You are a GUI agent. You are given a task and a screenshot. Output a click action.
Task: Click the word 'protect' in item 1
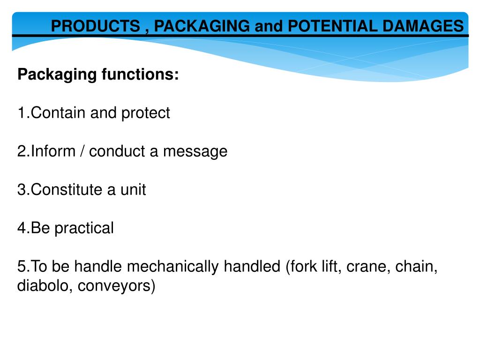coord(146,113)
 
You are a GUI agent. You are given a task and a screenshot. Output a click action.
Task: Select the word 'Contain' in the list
coord(58,113)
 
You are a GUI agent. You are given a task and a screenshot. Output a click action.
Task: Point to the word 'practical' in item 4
coord(84,228)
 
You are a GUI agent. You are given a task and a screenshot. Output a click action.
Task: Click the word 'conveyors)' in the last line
coord(116,286)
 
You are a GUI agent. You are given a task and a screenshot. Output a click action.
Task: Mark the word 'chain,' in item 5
coord(417,267)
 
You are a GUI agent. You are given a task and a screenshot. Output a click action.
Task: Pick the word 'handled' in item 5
coord(252,267)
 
